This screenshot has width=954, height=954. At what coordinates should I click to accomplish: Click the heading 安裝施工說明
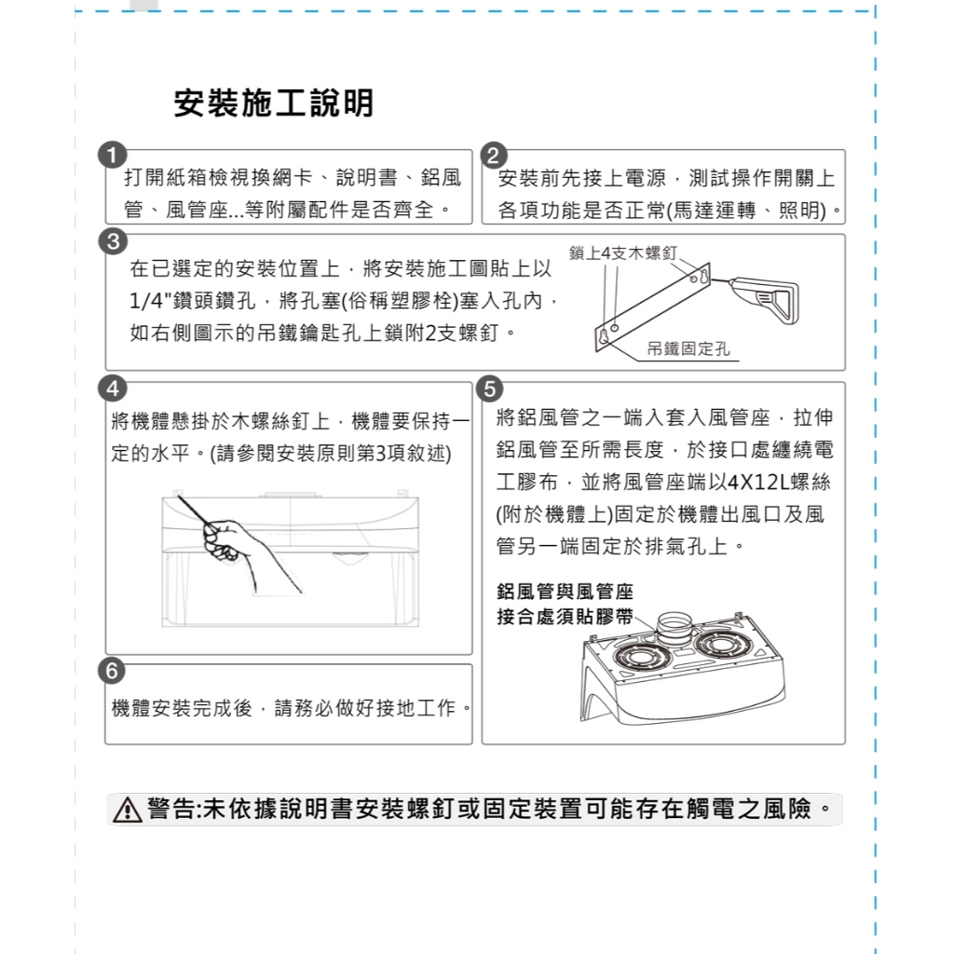click(x=273, y=102)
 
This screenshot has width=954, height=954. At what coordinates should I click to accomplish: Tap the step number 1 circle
click(x=112, y=156)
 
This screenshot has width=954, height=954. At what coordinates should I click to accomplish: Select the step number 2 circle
click(x=494, y=156)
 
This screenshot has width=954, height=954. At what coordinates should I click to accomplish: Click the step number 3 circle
click(x=113, y=241)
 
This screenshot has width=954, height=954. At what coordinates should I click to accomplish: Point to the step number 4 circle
click(x=113, y=388)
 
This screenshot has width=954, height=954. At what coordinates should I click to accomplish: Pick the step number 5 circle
click(x=490, y=388)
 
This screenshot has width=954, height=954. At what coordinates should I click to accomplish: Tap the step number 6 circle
click(x=112, y=671)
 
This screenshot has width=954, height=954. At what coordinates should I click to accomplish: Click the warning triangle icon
click(x=127, y=810)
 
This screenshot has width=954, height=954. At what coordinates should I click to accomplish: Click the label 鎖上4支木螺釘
click(x=622, y=253)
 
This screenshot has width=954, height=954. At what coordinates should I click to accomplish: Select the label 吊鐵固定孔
click(x=688, y=348)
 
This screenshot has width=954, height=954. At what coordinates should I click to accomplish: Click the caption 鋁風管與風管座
click(x=566, y=591)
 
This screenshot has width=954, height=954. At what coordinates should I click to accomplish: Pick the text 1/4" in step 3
click(x=149, y=301)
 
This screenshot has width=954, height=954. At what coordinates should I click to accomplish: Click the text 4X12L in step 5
click(x=759, y=483)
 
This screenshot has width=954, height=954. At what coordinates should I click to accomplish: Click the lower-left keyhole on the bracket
click(x=603, y=336)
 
